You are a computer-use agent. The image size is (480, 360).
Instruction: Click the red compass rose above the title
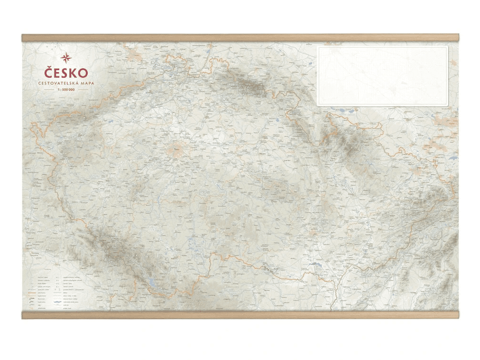coord(66,58)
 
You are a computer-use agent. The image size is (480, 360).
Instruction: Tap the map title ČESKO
coord(66,73)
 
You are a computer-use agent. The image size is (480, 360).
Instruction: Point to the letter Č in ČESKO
coord(48,73)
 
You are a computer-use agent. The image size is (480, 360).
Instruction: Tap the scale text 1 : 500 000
coord(66,89)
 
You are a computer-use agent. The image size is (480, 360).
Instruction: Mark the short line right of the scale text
coord(83,89)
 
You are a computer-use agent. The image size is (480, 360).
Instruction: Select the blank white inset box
coord(382,76)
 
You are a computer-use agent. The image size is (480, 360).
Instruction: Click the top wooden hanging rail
coord(240,37)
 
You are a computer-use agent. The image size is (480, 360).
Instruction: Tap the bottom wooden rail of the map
coord(240,315)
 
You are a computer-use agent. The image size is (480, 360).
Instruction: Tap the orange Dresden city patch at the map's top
coord(135,55)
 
